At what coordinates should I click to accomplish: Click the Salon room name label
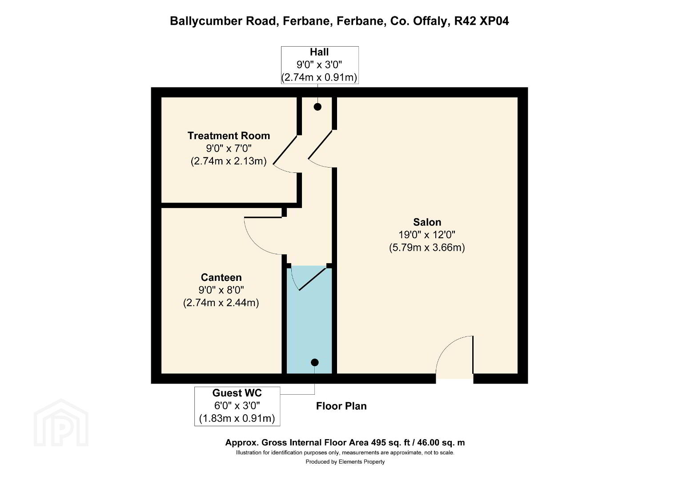coord(427,222)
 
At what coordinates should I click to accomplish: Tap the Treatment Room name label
coord(229,136)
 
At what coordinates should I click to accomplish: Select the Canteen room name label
coord(221,277)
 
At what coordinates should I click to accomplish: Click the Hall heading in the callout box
coord(319,52)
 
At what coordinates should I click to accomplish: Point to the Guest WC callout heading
coord(237,393)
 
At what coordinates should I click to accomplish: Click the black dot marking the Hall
coord(317,107)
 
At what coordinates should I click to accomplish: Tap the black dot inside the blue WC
coord(315,362)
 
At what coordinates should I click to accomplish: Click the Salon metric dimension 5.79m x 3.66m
coord(427,248)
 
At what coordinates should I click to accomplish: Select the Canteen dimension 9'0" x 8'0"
coord(221,290)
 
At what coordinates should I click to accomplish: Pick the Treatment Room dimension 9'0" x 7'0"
coord(229,148)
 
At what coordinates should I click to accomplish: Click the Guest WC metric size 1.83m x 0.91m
coord(237,419)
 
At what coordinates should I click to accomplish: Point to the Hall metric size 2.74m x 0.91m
coord(319,78)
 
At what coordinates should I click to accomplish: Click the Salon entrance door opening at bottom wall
coord(454,379)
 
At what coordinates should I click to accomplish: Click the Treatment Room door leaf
coord(285,150)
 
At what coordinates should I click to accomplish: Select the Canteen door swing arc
coord(257,241)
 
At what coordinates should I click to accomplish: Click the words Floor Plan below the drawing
coord(342,406)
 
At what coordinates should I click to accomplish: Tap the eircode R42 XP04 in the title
coord(482,21)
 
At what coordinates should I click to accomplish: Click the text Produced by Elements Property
coord(345,462)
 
